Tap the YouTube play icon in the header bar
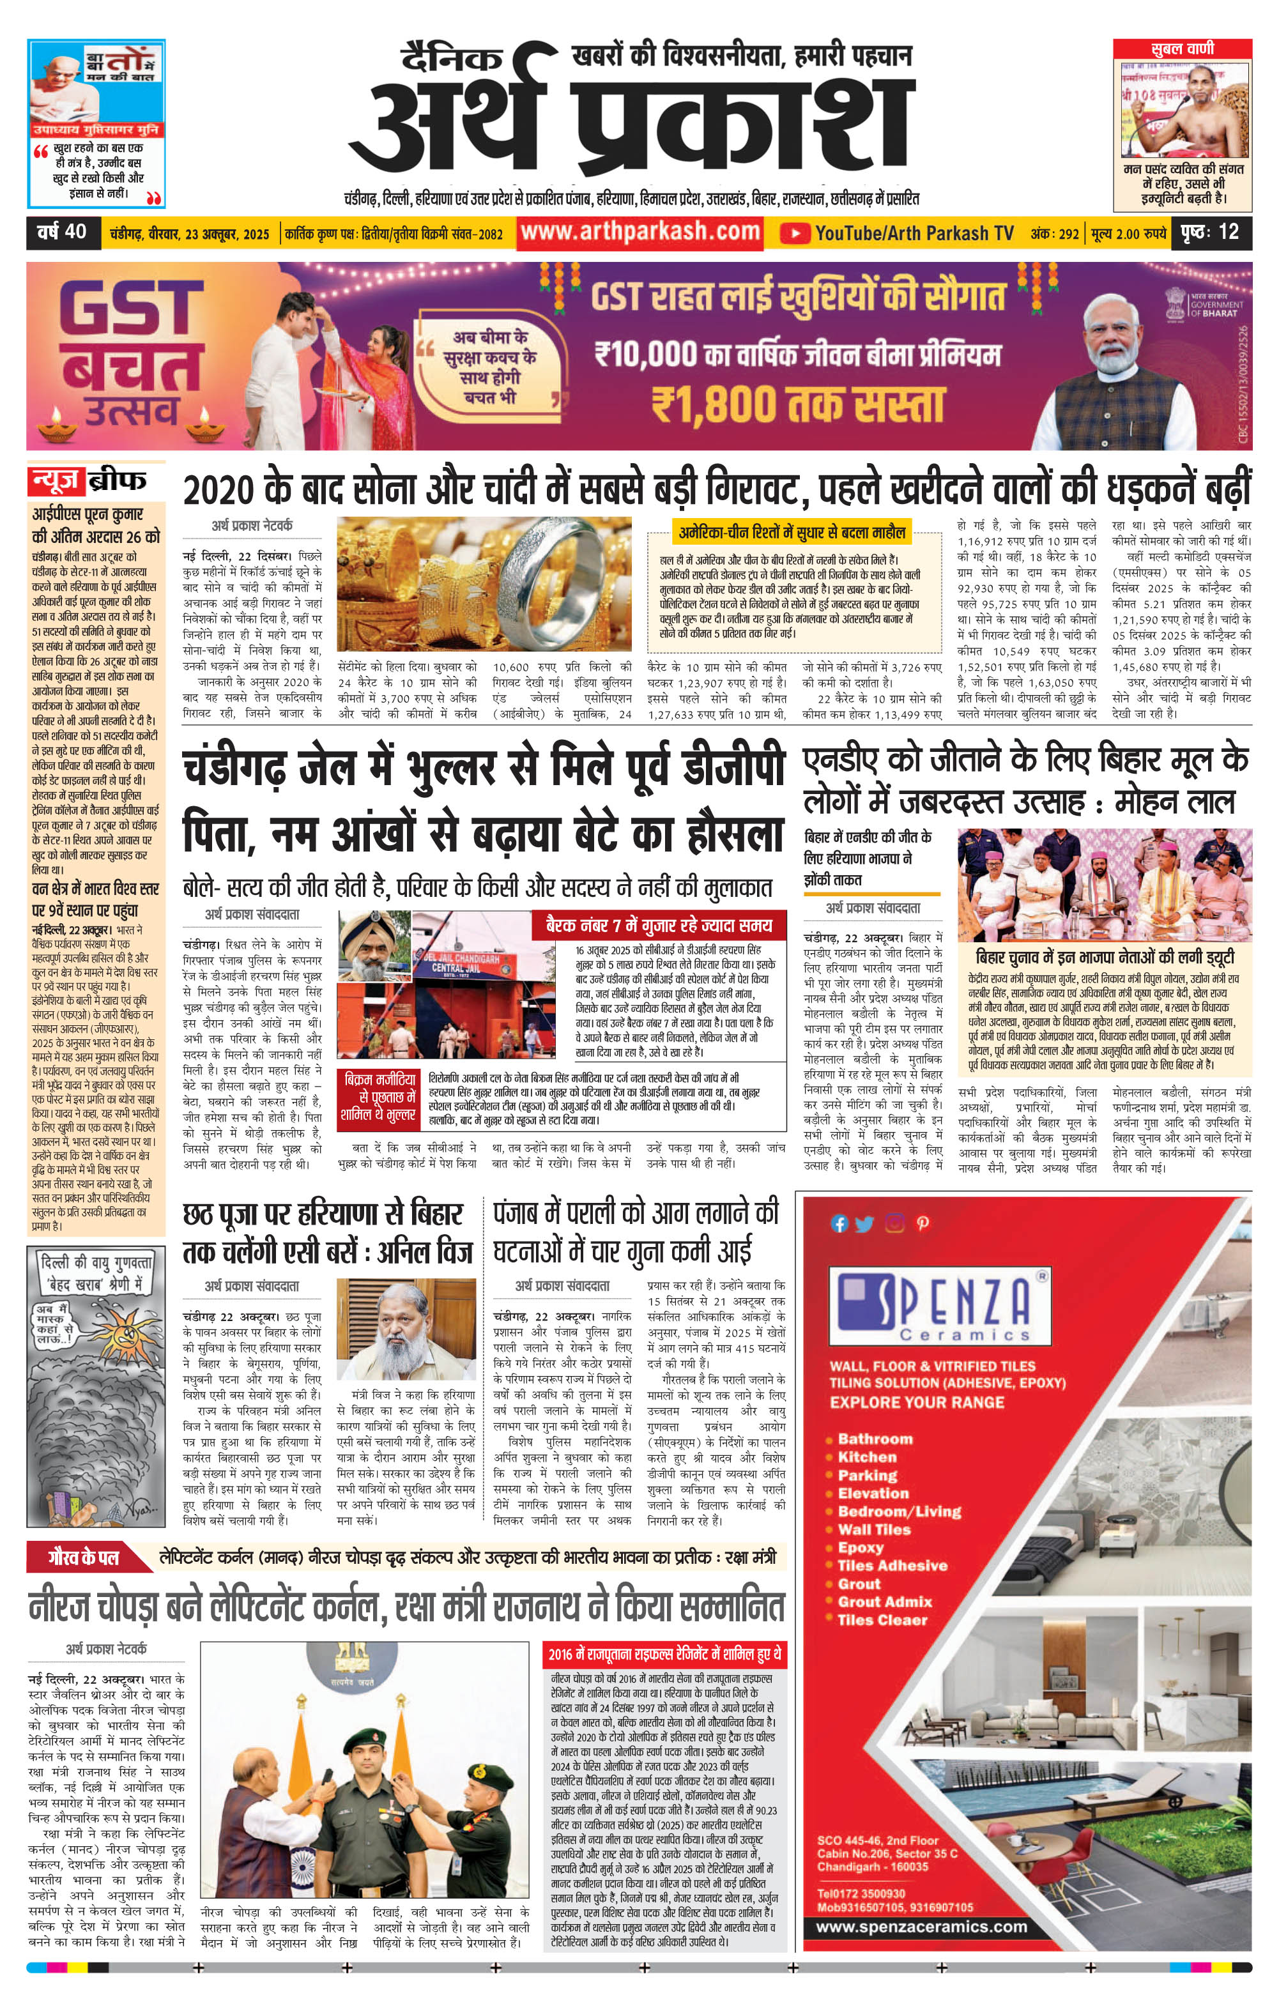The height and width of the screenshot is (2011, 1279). [x=795, y=233]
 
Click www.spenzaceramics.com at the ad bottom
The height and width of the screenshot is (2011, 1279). [x=921, y=1926]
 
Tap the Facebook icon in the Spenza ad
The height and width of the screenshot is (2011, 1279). [x=839, y=1223]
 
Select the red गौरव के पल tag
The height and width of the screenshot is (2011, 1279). [x=84, y=1557]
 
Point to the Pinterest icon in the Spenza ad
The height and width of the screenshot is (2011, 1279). [x=923, y=1223]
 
